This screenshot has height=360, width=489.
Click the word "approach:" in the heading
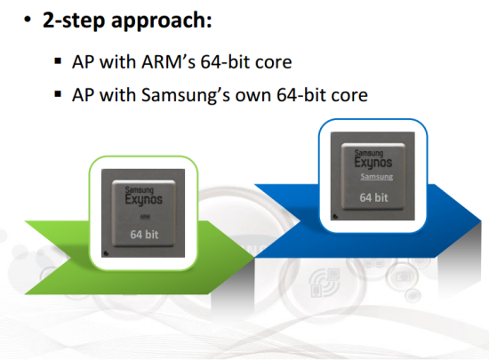click(x=161, y=20)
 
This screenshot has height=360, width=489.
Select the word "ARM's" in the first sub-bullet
click(x=168, y=61)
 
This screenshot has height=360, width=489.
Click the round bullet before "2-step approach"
click(x=28, y=20)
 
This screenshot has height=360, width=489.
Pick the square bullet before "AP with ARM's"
click(x=58, y=60)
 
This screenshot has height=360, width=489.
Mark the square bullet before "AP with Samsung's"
click(x=58, y=94)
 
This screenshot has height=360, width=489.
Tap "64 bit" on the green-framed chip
click(x=144, y=235)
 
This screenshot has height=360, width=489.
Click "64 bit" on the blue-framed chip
click(x=373, y=197)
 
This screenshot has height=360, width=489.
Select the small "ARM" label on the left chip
click(x=145, y=217)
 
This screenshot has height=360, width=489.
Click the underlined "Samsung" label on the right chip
click(x=376, y=177)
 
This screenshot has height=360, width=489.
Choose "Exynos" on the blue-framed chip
click(x=373, y=163)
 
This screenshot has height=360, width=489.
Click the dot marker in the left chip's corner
click(x=106, y=253)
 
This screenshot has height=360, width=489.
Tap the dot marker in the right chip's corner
click(x=335, y=216)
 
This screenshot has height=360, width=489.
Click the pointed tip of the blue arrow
click(x=481, y=221)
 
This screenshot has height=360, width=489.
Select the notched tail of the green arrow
click(x=69, y=258)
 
